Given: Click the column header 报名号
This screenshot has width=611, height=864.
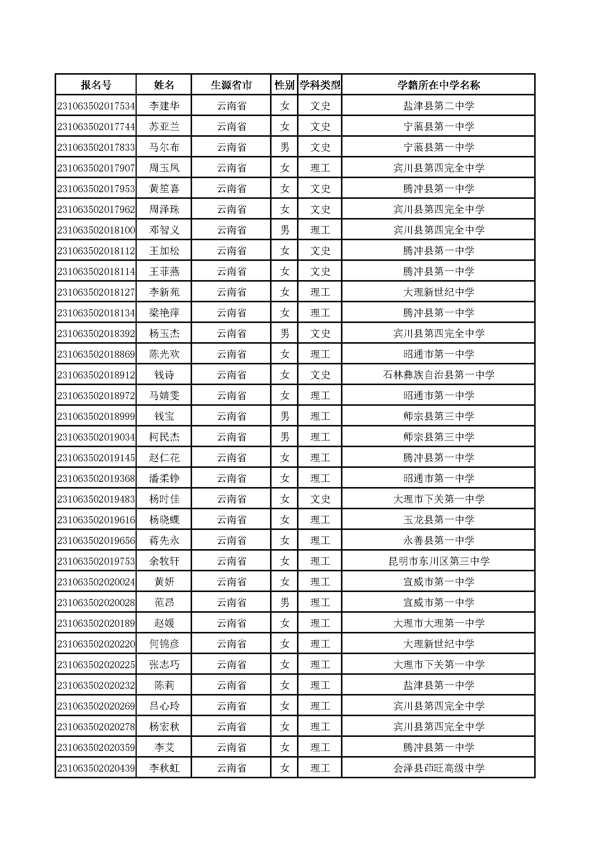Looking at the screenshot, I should point(96,85).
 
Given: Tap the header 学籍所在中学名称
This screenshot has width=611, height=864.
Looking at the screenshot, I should point(438,85).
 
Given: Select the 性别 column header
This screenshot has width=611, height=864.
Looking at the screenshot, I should point(284,85).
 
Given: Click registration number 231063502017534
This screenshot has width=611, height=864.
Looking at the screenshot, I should point(96,106).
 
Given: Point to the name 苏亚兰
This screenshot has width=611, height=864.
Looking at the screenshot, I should point(164,127).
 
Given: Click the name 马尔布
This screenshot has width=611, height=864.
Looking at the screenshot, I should point(164,147).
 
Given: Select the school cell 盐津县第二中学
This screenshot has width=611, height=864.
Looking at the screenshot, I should point(438,106).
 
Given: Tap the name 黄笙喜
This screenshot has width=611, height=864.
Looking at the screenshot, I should point(164,189).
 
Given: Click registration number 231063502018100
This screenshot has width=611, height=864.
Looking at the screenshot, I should point(96,230).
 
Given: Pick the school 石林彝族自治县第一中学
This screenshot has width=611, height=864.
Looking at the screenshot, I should point(438,375).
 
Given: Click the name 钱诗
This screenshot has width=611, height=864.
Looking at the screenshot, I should point(164,375).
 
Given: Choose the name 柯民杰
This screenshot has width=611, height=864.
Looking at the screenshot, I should point(164,437).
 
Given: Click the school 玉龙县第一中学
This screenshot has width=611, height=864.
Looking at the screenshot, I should point(438,520).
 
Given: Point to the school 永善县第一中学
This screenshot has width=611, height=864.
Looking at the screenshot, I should point(438,541).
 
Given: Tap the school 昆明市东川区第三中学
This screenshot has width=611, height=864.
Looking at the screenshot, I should point(438,561).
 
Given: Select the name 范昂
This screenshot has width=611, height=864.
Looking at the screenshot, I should point(164,603).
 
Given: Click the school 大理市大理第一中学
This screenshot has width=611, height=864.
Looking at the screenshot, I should point(438,623).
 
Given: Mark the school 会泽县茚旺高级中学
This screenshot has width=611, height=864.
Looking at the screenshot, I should point(438,768).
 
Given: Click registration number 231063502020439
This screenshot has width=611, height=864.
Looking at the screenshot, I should point(96,768).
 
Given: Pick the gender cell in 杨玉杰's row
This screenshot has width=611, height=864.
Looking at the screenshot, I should point(284,334).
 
